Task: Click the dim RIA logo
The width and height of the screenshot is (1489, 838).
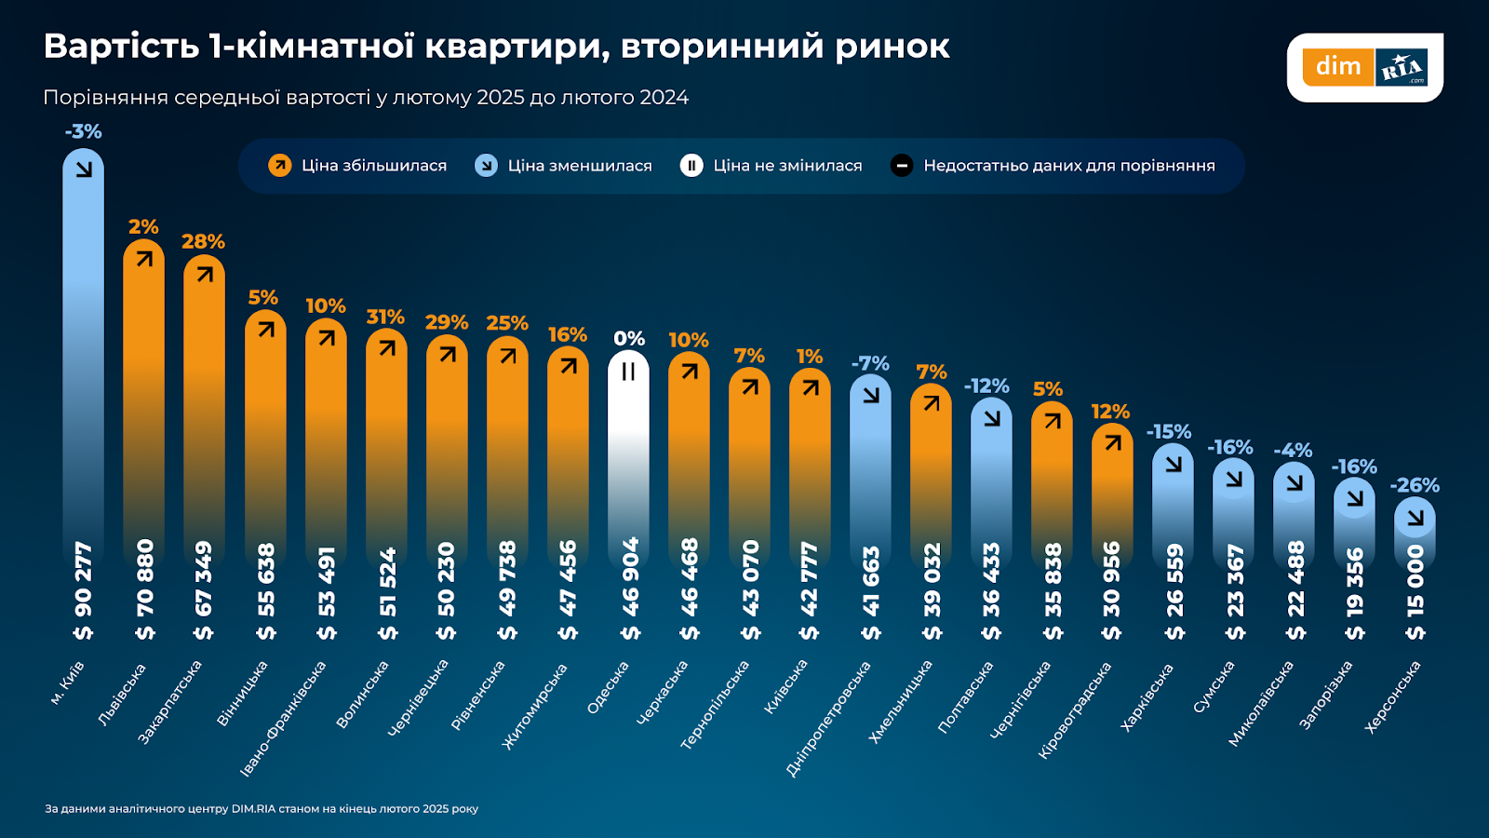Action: coord(1364,67)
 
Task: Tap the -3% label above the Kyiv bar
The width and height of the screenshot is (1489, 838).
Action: coord(83,131)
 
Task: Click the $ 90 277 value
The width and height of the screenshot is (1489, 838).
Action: coord(83,590)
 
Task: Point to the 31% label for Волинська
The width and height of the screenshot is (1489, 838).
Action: coord(385,317)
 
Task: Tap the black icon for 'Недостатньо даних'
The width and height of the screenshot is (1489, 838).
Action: coord(901,166)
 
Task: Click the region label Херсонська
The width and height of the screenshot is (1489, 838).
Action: coord(1392,696)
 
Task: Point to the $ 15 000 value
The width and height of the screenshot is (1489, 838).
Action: coord(1415,592)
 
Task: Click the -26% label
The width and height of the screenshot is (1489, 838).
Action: coord(1415,485)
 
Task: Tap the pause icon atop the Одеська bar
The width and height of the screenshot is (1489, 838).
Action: coord(628,372)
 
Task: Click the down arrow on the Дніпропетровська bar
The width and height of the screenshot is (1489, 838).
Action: coord(871,395)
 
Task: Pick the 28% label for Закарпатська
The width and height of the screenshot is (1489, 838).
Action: coord(203,242)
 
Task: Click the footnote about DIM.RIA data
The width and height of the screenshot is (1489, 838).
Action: coord(262,808)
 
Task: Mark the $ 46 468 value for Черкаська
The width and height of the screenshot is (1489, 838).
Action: coord(690,589)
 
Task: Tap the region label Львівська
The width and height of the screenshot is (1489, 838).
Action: coord(122,695)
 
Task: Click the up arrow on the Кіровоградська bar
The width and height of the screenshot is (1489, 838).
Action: coord(1113,443)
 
